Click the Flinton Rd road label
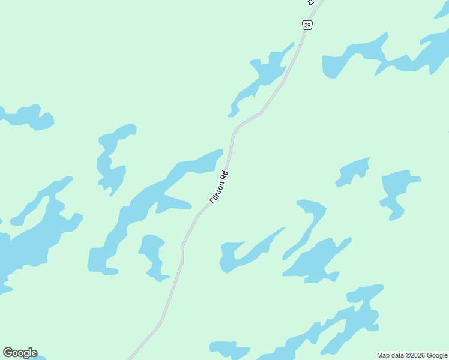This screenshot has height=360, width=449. click(x=219, y=187)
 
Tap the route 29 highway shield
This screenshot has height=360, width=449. click(x=307, y=25)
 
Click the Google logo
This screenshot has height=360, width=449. click(x=20, y=353)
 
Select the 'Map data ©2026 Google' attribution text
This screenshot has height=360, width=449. click(x=412, y=355)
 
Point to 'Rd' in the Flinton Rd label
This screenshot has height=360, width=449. click(x=225, y=176)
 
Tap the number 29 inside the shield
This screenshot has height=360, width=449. click(x=307, y=25)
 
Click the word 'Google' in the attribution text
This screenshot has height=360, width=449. click(x=437, y=355)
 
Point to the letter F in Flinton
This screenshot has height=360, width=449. click(x=212, y=200)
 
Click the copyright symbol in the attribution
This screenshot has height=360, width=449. click(x=405, y=355)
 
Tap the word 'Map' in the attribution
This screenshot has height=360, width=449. click(x=383, y=355)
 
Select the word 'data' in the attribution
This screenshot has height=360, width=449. click(x=396, y=355)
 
